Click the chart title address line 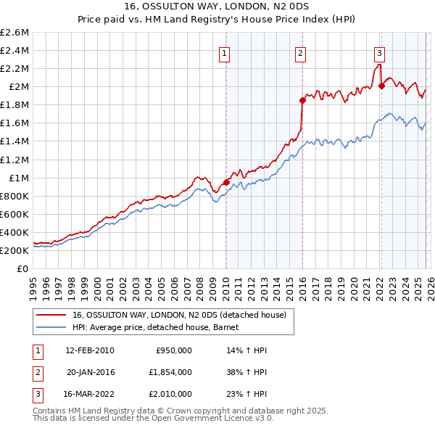point(217,8)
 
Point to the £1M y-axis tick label point(17,178)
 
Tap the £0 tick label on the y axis point(22,268)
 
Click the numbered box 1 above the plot point(225,53)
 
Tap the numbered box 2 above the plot point(300,53)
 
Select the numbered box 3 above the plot point(379,52)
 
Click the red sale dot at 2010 point(226,182)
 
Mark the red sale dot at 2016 point(302,100)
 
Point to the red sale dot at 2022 point(381,86)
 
